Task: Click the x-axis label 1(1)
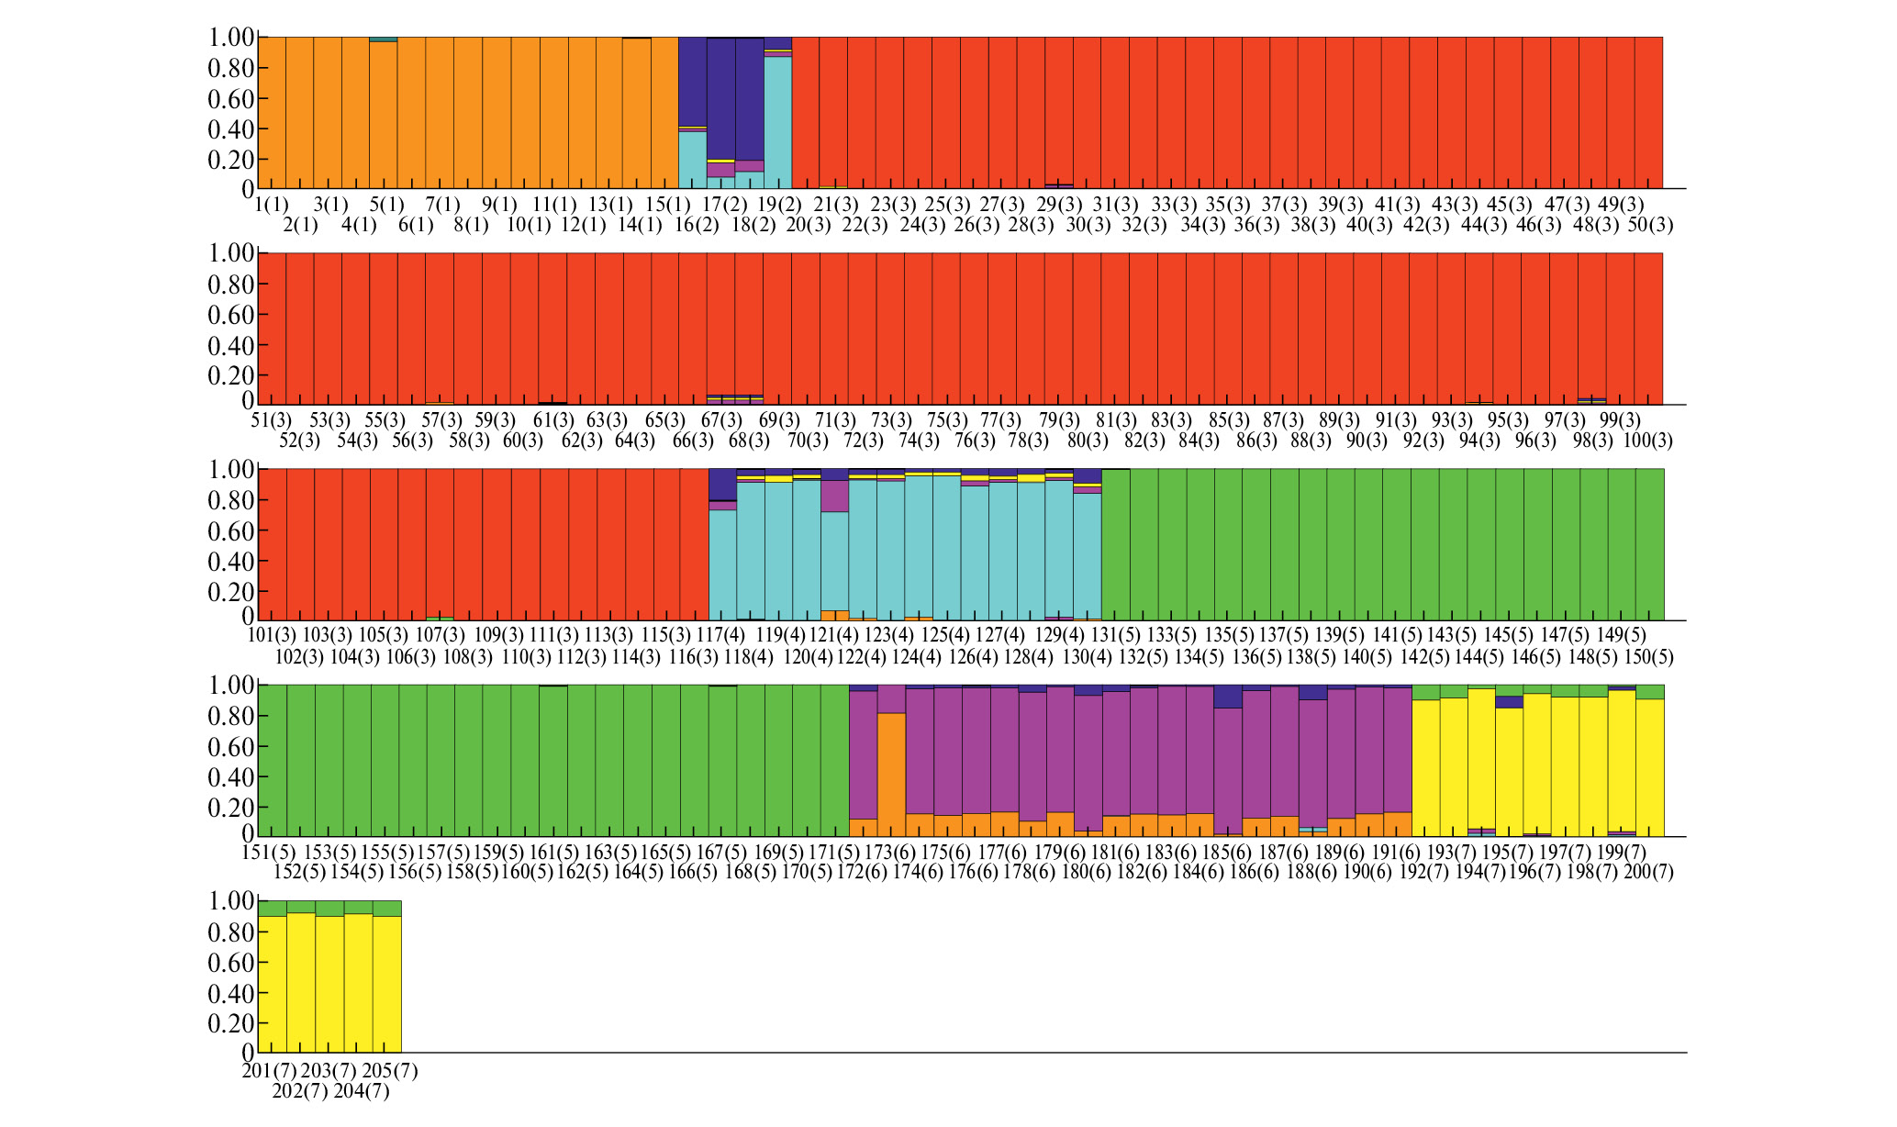click(x=272, y=204)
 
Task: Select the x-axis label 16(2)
click(x=697, y=224)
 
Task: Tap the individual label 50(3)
click(x=1649, y=224)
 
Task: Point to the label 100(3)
click(x=1647, y=441)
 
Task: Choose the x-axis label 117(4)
click(x=721, y=635)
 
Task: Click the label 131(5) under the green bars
click(x=1115, y=635)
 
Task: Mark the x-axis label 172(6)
click(x=862, y=872)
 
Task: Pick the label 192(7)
click(x=1423, y=872)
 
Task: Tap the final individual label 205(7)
click(x=390, y=1070)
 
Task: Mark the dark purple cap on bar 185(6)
click(x=1227, y=697)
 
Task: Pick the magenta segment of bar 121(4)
click(x=834, y=496)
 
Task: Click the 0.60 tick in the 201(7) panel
click(x=232, y=963)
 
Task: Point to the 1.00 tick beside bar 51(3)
click(x=231, y=253)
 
